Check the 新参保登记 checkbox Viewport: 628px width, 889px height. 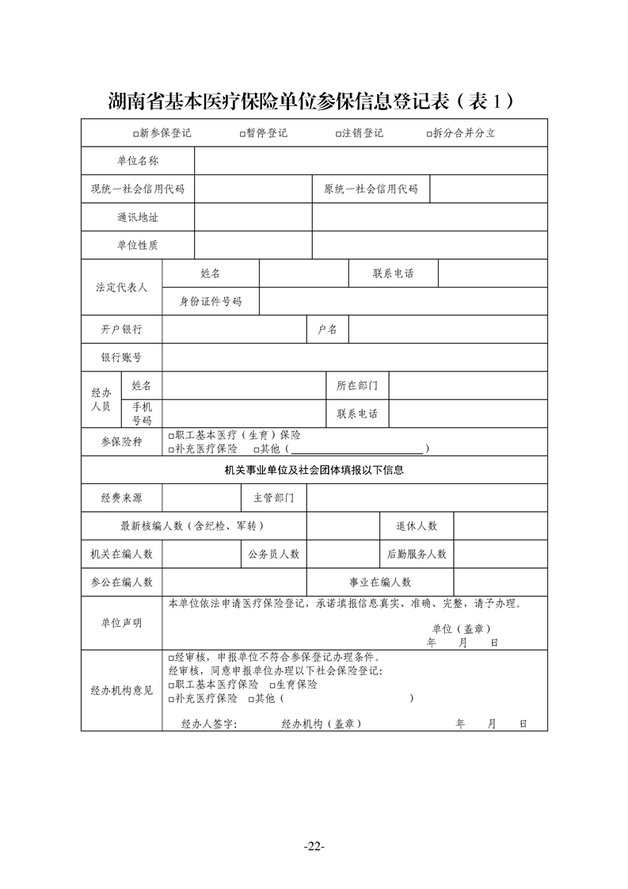coord(137,134)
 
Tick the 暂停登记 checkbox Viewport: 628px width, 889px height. coord(242,134)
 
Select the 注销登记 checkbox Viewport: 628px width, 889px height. coord(338,134)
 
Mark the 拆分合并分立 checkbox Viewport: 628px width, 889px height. coord(428,134)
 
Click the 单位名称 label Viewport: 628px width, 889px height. coord(138,161)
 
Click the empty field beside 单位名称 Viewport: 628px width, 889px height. coord(371,161)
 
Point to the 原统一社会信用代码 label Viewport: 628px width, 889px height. coord(371,189)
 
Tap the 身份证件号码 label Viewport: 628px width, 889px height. coord(211,301)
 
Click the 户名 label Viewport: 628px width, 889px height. coord(327,329)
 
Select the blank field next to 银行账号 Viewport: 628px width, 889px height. coord(354,357)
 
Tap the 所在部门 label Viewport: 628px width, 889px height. coord(357,386)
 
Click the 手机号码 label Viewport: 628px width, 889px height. coord(142,413)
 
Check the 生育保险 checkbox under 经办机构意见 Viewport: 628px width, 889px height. coord(272,685)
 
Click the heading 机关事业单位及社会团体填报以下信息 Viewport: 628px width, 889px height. coord(314,470)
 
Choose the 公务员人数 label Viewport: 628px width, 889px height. coord(273,554)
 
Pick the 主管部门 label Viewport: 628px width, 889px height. coord(273,498)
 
